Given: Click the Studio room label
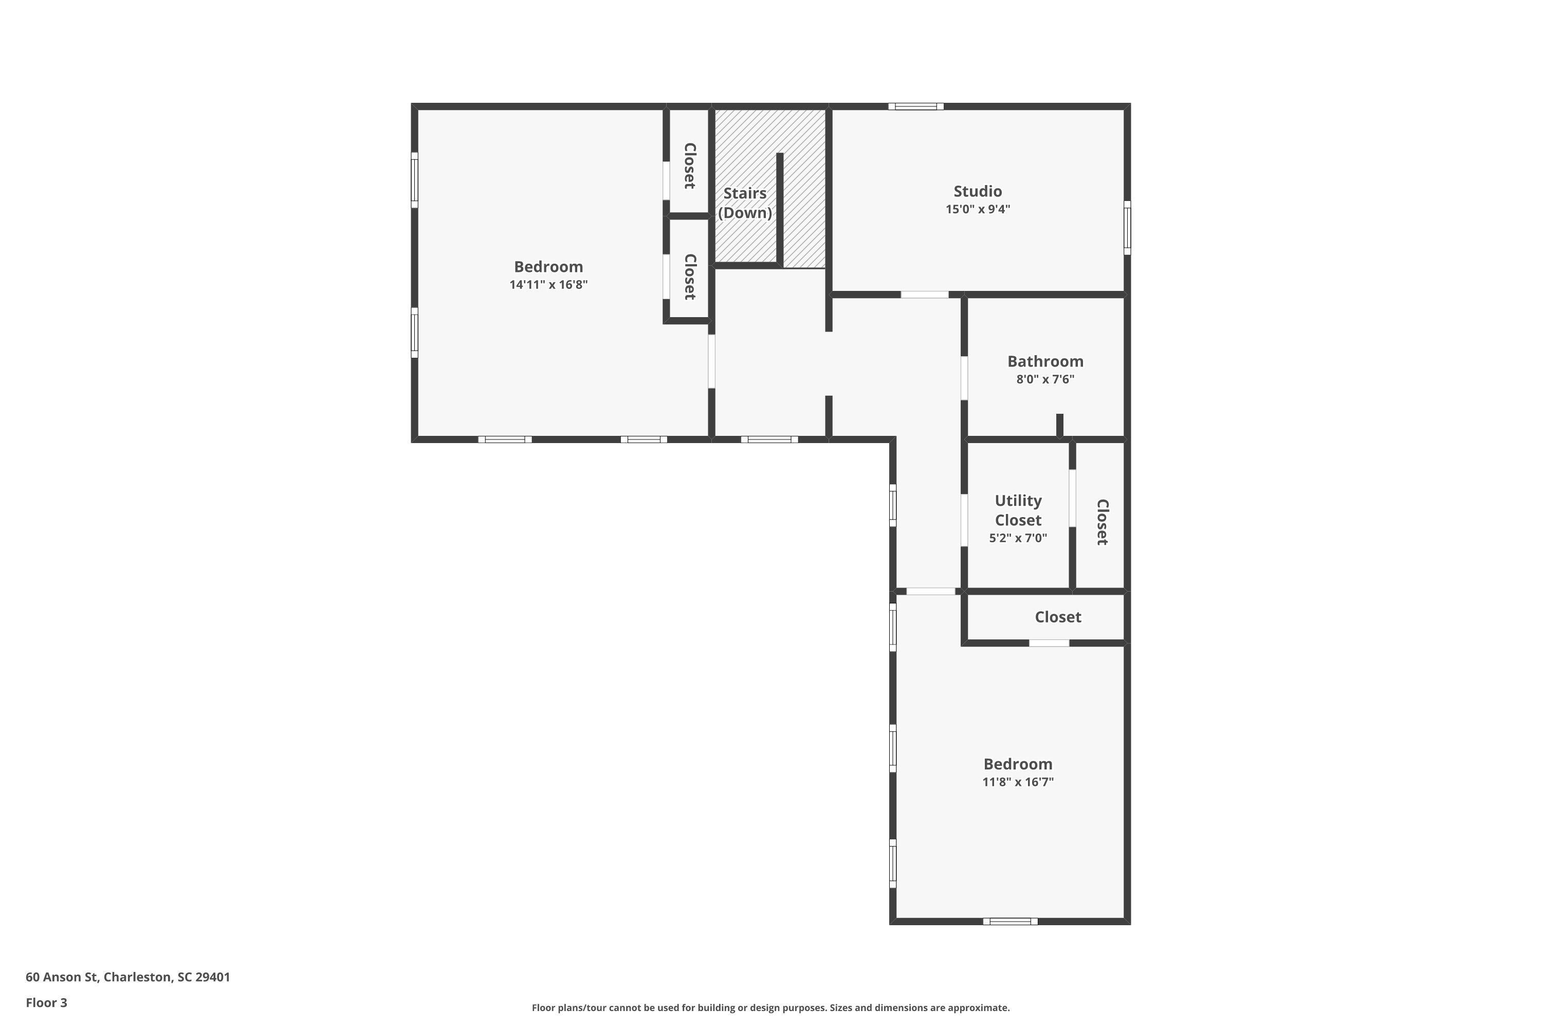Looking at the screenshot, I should click(977, 191).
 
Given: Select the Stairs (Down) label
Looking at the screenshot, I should click(745, 203).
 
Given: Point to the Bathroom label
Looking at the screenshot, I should click(1045, 361).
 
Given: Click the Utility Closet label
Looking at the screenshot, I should click(1018, 510).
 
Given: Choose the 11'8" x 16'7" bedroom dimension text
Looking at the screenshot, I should click(1018, 781).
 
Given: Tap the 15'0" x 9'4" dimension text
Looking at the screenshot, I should click(977, 209).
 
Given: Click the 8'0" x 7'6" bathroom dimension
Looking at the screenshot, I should click(1045, 379).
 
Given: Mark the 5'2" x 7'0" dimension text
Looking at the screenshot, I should click(1018, 538).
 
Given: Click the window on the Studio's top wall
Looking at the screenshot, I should click(916, 106).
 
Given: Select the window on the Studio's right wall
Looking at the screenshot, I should click(1127, 228).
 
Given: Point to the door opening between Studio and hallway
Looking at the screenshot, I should click(924, 295).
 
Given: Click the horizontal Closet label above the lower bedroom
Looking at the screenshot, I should click(1057, 617).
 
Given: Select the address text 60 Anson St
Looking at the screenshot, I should click(128, 977).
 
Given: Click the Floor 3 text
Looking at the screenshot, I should click(47, 1002).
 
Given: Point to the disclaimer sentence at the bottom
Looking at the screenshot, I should click(770, 1007).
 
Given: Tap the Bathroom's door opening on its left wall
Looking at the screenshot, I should click(964, 378).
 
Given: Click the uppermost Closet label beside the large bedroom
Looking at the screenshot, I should click(689, 166).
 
